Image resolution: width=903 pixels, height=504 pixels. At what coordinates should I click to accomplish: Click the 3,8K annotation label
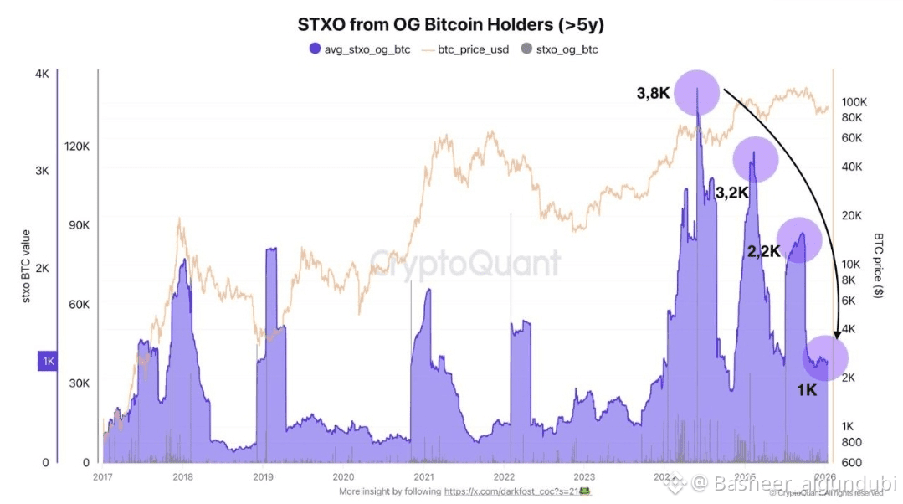click(653, 93)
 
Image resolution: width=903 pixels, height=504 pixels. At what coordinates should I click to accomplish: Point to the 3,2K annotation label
click(731, 193)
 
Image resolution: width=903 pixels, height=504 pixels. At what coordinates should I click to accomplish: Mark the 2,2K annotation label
click(763, 249)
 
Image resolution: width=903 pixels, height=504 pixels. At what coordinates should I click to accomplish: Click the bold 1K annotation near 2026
click(806, 389)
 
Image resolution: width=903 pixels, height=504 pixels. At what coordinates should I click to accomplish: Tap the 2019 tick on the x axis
click(263, 476)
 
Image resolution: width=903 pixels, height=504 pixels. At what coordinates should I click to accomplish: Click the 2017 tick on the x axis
click(103, 476)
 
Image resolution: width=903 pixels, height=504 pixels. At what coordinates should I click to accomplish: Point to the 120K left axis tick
click(77, 147)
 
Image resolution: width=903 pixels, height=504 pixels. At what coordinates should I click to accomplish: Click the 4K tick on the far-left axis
click(42, 74)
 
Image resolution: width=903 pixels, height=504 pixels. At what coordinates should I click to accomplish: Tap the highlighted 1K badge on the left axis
click(47, 362)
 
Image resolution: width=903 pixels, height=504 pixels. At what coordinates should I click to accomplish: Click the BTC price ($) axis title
click(879, 266)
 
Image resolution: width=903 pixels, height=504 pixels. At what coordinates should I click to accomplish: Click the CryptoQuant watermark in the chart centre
click(465, 263)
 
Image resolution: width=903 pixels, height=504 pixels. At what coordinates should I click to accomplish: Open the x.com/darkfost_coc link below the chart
click(511, 491)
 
